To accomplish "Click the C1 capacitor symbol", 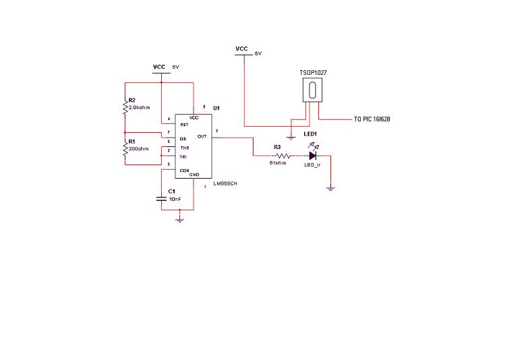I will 162,198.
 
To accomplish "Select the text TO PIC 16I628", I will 372,119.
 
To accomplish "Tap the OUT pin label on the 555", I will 202,137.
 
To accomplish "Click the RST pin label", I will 183,125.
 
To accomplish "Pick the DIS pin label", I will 183,139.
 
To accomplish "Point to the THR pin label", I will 183,148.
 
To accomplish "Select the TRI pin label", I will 183,157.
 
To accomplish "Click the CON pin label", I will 183,171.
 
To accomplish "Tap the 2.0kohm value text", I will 138,107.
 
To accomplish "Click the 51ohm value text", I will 279,163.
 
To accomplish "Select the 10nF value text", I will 175,200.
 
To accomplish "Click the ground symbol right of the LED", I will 330,188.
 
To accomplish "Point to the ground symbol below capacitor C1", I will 179,219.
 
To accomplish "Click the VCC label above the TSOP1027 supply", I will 241,49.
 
